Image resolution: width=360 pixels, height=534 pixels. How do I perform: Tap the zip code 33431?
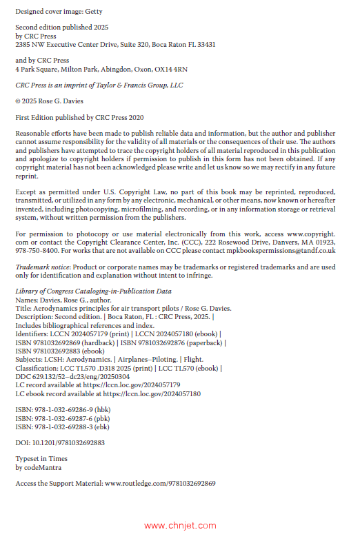coord(201,43)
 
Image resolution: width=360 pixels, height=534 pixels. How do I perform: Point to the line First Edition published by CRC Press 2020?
coord(79,117)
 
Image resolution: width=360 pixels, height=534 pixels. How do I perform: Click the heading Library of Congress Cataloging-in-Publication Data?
coord(93,291)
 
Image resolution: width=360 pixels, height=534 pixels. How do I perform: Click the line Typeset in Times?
coord(41,459)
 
